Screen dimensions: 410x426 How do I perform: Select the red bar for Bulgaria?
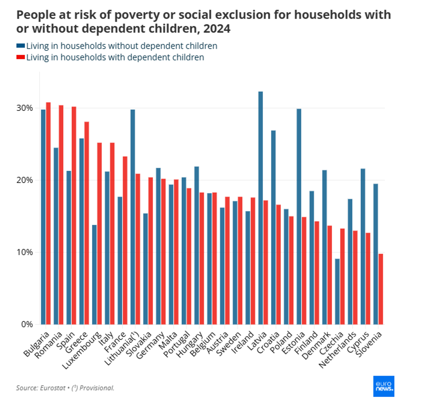coord(48,213)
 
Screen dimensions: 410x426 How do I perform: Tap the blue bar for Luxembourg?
coord(94,274)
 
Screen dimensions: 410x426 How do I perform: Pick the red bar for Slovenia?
coord(381,289)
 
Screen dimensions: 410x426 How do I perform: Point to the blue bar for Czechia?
coord(337,291)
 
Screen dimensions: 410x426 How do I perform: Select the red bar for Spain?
coord(74,215)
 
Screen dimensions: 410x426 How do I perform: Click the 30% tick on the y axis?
coord(26,108)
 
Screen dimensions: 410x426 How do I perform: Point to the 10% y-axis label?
coord(26,252)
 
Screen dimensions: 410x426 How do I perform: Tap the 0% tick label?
coord(27,324)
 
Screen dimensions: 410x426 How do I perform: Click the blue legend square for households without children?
coord(20,46)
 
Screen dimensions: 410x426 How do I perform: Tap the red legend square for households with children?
coord(20,57)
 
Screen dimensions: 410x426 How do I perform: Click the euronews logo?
coord(383,386)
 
